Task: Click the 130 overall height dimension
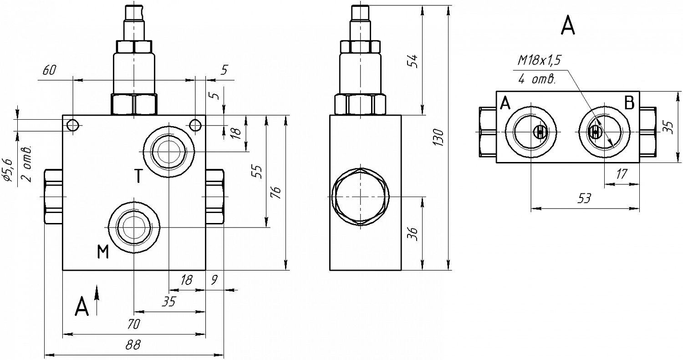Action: pyautogui.click(x=439, y=137)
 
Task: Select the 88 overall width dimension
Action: pyautogui.click(x=133, y=345)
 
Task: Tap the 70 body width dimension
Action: pyautogui.click(x=133, y=324)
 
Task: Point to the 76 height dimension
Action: pyautogui.click(x=276, y=193)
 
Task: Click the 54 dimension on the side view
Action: pyautogui.click(x=412, y=61)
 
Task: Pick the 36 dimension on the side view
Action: pyautogui.click(x=412, y=234)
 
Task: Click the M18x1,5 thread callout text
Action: pyautogui.click(x=539, y=61)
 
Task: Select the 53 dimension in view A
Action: pyautogui.click(x=584, y=198)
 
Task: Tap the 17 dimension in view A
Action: pyautogui.click(x=622, y=174)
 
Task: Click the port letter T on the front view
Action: pyautogui.click(x=138, y=176)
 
